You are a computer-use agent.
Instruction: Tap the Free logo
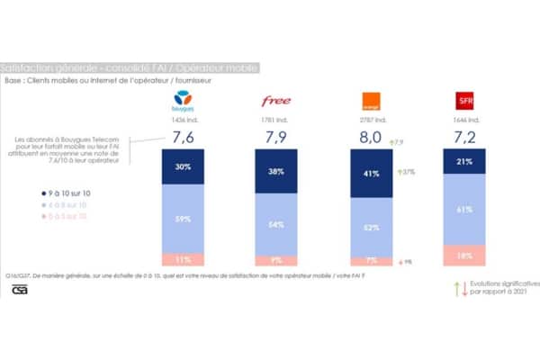pos(276,101)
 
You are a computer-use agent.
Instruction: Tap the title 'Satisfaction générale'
pos(45,68)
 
